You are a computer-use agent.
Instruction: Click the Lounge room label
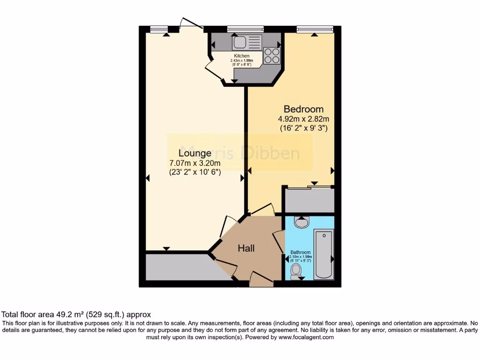point(195,153)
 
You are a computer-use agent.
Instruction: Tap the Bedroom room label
point(303,109)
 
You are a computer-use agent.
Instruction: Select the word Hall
point(246,248)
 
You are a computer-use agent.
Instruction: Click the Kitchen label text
point(241,56)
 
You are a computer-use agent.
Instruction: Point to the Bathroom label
point(300,252)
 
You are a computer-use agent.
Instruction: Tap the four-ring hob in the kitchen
point(272,56)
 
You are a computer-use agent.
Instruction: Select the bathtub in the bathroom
point(323,254)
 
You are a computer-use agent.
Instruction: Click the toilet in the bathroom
point(296,271)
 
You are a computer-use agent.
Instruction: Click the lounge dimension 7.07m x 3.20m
point(195,163)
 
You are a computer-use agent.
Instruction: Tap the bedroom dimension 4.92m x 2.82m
point(303,119)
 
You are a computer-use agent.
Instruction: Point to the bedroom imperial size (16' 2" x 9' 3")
point(303,127)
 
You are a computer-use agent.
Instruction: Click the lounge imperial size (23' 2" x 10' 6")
point(195,172)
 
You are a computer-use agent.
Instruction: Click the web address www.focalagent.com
point(306,337)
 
